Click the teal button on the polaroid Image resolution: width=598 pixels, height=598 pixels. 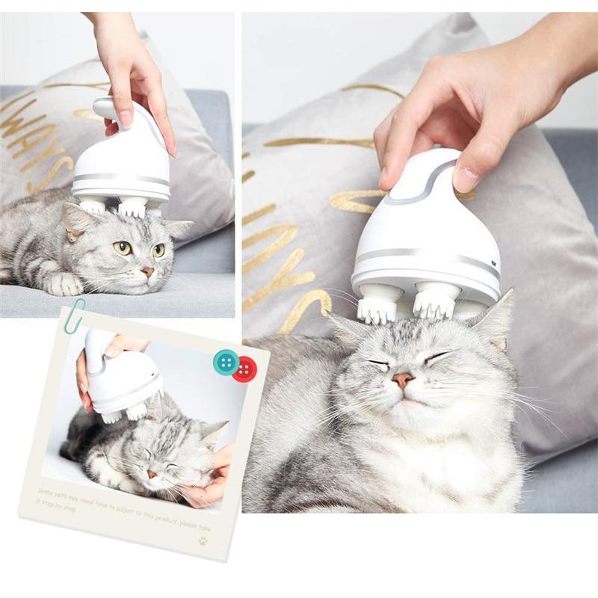coord(226,362)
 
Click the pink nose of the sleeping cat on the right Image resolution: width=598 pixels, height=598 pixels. coord(404,379)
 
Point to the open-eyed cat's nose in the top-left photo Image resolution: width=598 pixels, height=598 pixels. coord(147,272)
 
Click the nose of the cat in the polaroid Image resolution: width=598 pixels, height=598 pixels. coord(152,474)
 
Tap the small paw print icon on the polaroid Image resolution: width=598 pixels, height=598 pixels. coord(203,540)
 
